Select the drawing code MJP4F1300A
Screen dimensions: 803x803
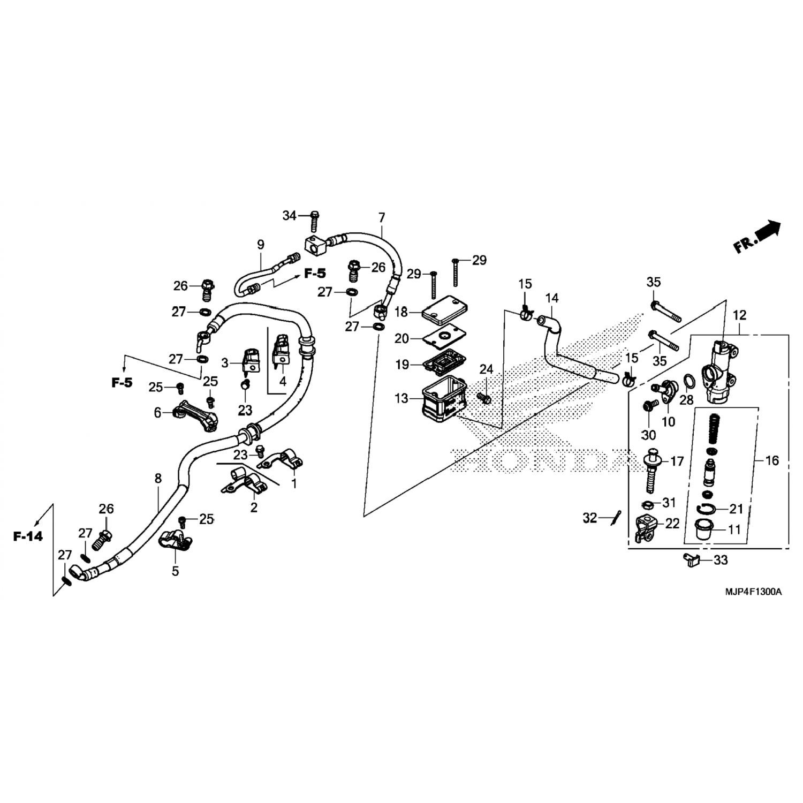click(x=753, y=592)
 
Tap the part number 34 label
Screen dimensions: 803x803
click(x=290, y=216)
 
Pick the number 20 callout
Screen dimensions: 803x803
click(x=401, y=339)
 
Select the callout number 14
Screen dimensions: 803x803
click(x=551, y=298)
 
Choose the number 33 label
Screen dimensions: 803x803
click(x=721, y=560)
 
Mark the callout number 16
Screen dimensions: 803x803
click(x=772, y=460)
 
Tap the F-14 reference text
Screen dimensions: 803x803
click(x=28, y=536)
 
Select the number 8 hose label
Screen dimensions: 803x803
click(x=158, y=478)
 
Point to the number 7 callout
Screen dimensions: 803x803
click(x=381, y=218)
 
